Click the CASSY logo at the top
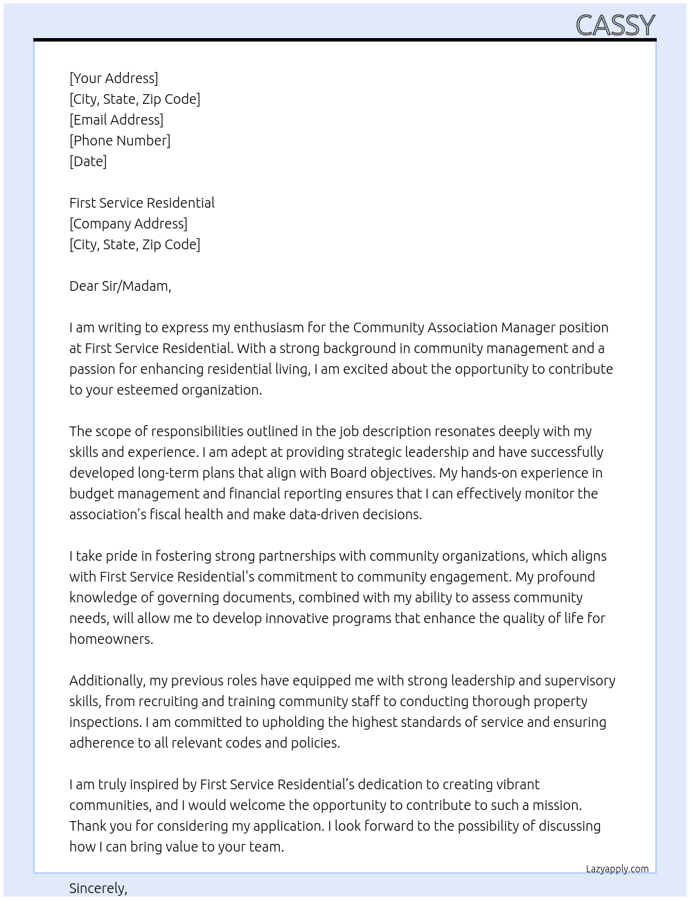pos(615,25)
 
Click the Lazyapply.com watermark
pos(617,869)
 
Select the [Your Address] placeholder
pos(114,78)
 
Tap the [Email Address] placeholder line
pos(116,120)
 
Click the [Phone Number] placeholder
pos(120,141)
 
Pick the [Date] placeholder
pos(88,161)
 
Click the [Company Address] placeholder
pos(128,224)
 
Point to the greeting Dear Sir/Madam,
pos(120,286)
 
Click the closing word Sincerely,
pos(98,888)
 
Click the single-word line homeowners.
pos(111,639)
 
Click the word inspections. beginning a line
pos(105,722)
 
